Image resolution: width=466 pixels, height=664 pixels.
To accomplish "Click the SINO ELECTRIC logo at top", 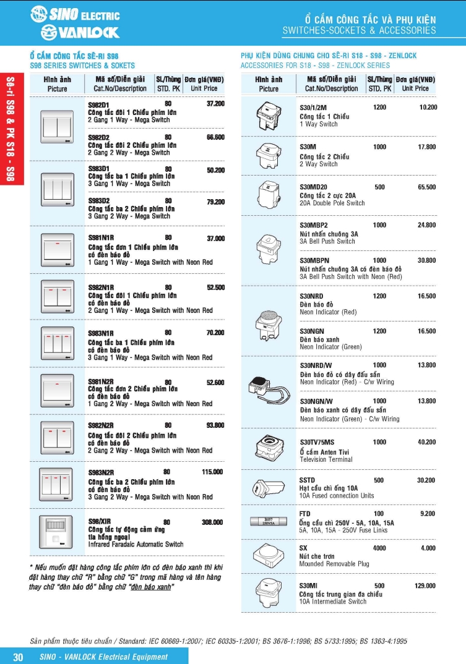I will (x=75, y=14).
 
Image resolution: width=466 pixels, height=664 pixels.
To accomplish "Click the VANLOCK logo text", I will (x=80, y=32).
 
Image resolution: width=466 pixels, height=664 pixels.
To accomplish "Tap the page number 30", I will (x=18, y=657).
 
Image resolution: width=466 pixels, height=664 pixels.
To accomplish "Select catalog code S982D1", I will (x=98, y=105).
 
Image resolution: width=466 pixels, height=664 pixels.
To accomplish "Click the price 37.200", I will (x=215, y=104).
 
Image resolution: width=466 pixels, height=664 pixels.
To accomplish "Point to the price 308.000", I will (x=212, y=522).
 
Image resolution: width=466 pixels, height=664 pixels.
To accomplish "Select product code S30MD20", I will (x=313, y=187).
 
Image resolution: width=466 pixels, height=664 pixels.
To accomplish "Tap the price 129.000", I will (x=425, y=585).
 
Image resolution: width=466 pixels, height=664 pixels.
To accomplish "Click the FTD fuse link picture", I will (x=268, y=521).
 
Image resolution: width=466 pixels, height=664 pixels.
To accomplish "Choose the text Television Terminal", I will (x=326, y=459).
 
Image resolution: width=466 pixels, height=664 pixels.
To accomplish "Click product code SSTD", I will (x=307, y=480).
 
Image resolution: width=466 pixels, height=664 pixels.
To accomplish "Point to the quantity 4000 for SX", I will (x=379, y=548).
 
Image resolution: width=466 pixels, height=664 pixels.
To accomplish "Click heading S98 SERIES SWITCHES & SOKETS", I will (x=82, y=65).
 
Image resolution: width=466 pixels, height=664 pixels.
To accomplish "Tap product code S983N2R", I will (x=101, y=472).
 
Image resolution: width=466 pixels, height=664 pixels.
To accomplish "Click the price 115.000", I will (x=212, y=472).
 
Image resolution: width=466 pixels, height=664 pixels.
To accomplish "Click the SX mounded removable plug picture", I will (x=268, y=554).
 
